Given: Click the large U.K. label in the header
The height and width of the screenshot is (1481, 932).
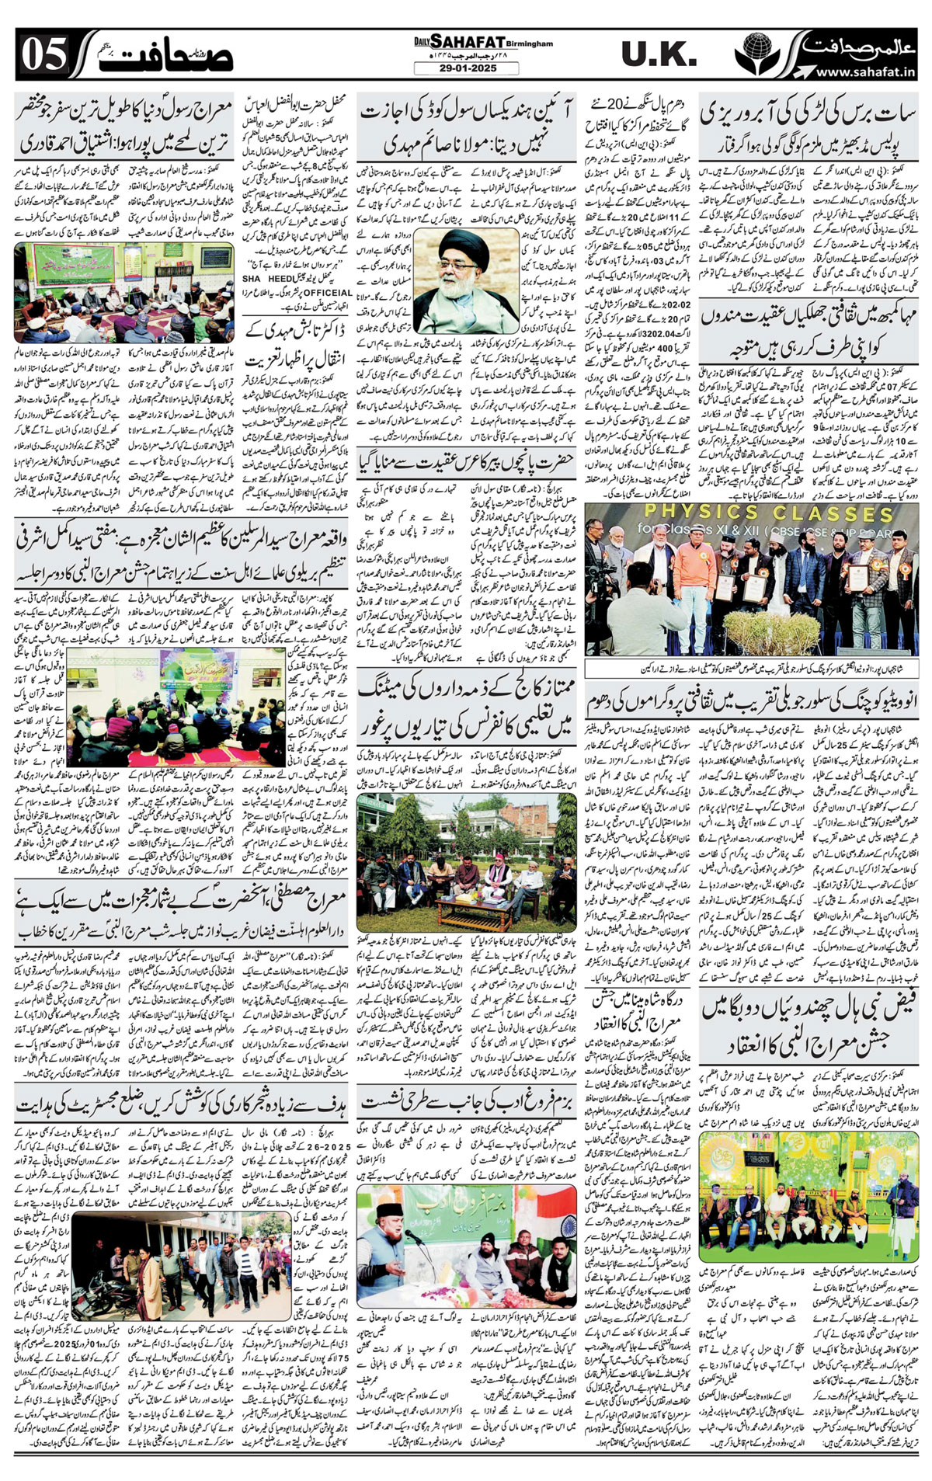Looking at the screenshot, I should coord(659,55).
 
